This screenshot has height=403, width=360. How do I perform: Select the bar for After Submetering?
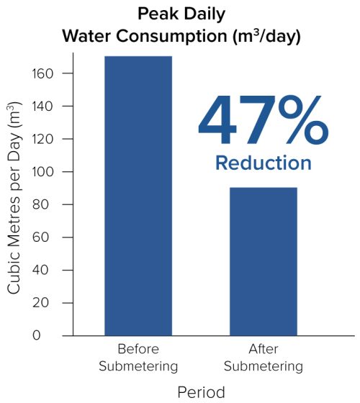click(x=263, y=261)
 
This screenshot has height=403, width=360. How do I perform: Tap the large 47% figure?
click(x=263, y=122)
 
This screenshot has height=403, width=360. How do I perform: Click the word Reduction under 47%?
click(x=264, y=163)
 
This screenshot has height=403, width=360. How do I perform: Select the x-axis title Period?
click(x=201, y=392)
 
